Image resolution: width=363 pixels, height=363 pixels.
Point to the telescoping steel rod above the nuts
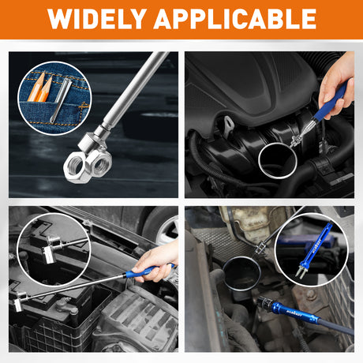133,91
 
